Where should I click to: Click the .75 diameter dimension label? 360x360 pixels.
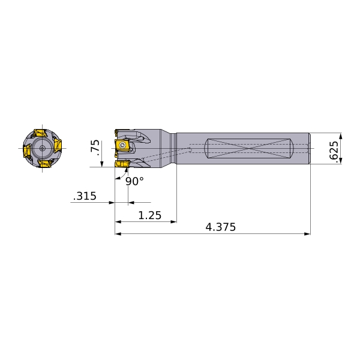click(x=95, y=148)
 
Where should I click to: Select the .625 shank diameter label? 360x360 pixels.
click(x=334, y=152)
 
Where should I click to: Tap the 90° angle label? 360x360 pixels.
click(x=134, y=181)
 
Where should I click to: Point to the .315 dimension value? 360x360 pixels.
click(x=85, y=196)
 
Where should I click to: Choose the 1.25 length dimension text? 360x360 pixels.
click(x=150, y=215)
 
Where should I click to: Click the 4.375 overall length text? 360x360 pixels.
click(x=221, y=227)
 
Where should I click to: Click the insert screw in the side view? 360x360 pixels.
click(x=122, y=145)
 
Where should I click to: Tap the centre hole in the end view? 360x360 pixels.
click(x=42, y=148)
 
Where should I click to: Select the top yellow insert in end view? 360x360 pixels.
click(x=40, y=133)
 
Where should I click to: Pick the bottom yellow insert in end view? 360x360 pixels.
click(x=45, y=164)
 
